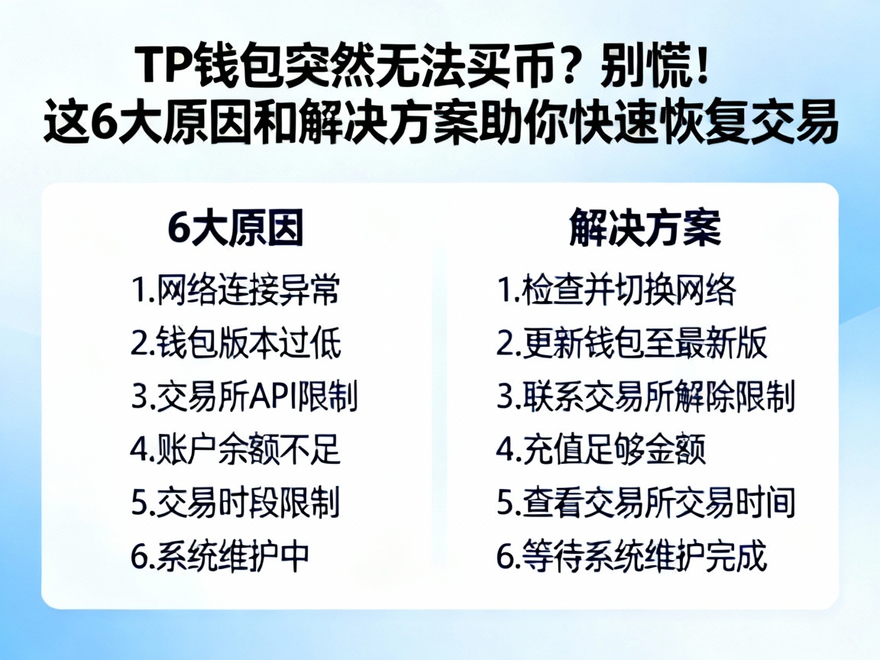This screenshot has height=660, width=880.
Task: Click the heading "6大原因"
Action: (235, 228)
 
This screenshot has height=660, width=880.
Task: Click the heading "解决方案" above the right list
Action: (645, 228)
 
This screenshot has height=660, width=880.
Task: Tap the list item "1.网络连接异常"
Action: (235, 290)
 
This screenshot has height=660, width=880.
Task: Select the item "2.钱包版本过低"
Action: (235, 344)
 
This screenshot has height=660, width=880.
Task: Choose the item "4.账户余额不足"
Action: (235, 451)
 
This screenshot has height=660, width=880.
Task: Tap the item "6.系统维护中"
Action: (220, 557)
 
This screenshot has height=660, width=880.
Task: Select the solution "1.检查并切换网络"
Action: (616, 290)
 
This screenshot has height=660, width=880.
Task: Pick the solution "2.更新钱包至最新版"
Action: (632, 344)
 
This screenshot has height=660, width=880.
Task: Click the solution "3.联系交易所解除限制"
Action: (646, 397)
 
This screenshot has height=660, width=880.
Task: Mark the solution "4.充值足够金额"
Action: (601, 451)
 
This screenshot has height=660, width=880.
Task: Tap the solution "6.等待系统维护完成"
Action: (632, 557)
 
